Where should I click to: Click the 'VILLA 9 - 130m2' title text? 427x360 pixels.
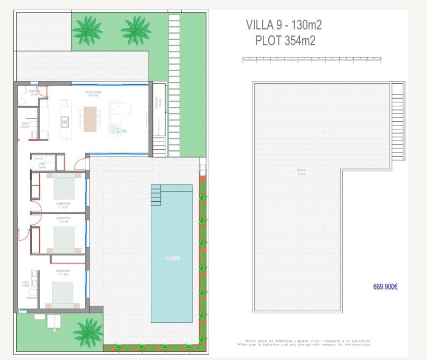tap(283, 25)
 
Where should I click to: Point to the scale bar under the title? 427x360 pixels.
tap(312, 60)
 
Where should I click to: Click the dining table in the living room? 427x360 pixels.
tap(90, 119)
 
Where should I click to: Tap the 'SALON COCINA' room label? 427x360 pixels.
tap(93, 93)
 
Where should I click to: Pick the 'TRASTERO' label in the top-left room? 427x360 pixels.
tap(34, 92)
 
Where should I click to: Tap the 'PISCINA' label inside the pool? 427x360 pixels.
tap(172, 259)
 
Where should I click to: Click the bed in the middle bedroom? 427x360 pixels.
tap(64, 239)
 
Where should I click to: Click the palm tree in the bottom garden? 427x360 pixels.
tap(87, 332)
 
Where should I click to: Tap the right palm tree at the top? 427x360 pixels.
tap(136, 30)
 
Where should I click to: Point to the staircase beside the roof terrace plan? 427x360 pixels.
tap(398, 121)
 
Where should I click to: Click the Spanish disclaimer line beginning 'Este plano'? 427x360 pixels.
tap(307, 341)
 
